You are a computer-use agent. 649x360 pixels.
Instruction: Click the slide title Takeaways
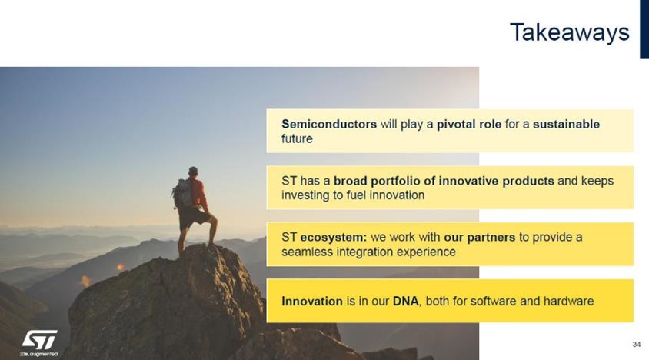570,33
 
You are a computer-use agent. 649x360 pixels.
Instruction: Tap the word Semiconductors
329,124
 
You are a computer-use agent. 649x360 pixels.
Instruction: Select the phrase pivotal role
469,125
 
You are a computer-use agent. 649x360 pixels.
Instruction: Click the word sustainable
566,124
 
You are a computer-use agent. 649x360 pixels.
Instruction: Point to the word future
297,138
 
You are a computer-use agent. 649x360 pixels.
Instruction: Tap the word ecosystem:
334,238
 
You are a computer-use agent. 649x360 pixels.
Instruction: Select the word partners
491,238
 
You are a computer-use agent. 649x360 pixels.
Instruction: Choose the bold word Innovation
312,302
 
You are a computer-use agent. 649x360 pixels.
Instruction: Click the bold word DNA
406,302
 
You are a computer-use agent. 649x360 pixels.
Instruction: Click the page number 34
637,345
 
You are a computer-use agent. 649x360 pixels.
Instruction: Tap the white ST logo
40,340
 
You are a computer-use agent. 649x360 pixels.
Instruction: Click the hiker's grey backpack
182,193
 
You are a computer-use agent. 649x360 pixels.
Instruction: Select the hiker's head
193,172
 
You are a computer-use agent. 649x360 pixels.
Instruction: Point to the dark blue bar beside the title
644,29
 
